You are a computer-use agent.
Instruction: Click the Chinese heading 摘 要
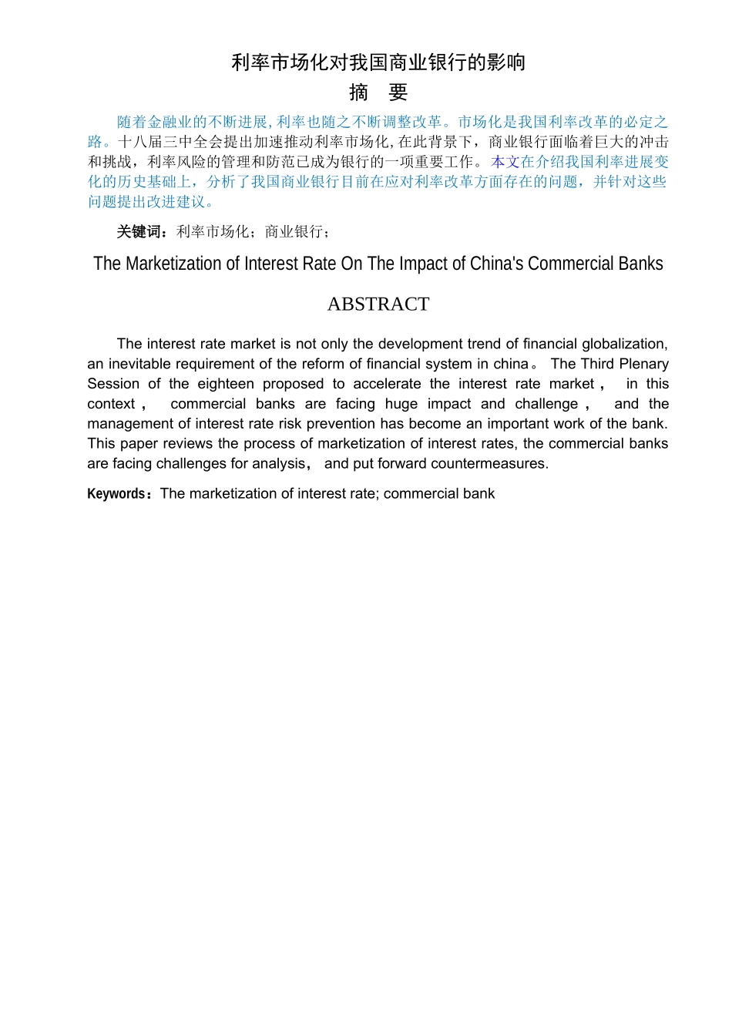pyautogui.click(x=378, y=92)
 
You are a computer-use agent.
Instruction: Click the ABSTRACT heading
pyautogui.click(x=378, y=304)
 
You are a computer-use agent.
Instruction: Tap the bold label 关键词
pyautogui.click(x=139, y=232)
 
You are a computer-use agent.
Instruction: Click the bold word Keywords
pyautogui.click(x=116, y=494)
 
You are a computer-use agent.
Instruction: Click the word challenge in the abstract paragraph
pyautogui.click(x=546, y=404)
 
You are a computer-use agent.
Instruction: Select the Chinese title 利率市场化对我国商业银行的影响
pyautogui.click(x=378, y=62)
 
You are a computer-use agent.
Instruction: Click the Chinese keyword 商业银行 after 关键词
pyautogui.click(x=294, y=232)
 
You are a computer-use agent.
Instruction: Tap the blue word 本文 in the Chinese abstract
pyautogui.click(x=505, y=162)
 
